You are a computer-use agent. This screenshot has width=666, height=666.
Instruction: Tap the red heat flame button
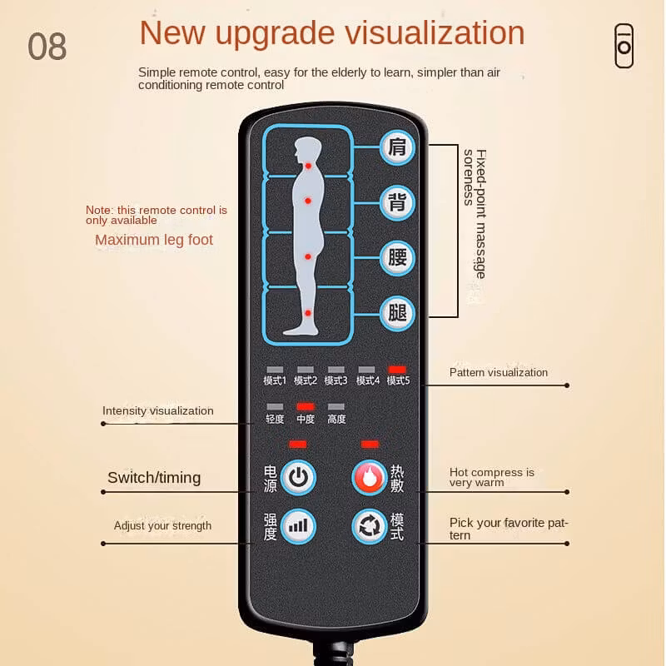point(370,477)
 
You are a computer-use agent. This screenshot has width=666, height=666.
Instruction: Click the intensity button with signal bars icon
point(298,526)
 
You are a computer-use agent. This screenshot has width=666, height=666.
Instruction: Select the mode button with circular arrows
point(370,526)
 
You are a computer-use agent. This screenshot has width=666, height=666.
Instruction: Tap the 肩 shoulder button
point(397,147)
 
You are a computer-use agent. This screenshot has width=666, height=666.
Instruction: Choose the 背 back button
point(397,203)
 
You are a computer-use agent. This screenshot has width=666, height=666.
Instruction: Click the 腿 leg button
point(397,314)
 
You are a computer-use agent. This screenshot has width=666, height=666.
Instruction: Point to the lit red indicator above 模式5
point(397,370)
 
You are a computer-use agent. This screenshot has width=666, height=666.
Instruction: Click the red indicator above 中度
point(306,406)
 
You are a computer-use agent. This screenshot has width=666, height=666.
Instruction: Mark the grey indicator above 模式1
point(275,370)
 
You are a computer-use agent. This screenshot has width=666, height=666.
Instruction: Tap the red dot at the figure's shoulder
point(308,166)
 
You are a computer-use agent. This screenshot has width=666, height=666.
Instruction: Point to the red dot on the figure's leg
point(308,313)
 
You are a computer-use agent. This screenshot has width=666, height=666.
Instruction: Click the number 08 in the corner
point(47,47)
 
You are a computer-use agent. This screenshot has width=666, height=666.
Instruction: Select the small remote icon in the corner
point(624,46)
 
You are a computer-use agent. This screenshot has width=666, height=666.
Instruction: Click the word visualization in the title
point(434,32)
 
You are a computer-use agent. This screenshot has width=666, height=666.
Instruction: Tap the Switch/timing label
point(154,477)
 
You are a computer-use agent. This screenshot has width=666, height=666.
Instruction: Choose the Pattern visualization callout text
point(499,372)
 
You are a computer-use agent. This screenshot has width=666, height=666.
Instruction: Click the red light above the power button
point(298,445)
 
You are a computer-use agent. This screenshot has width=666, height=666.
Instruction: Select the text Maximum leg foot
point(154,240)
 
